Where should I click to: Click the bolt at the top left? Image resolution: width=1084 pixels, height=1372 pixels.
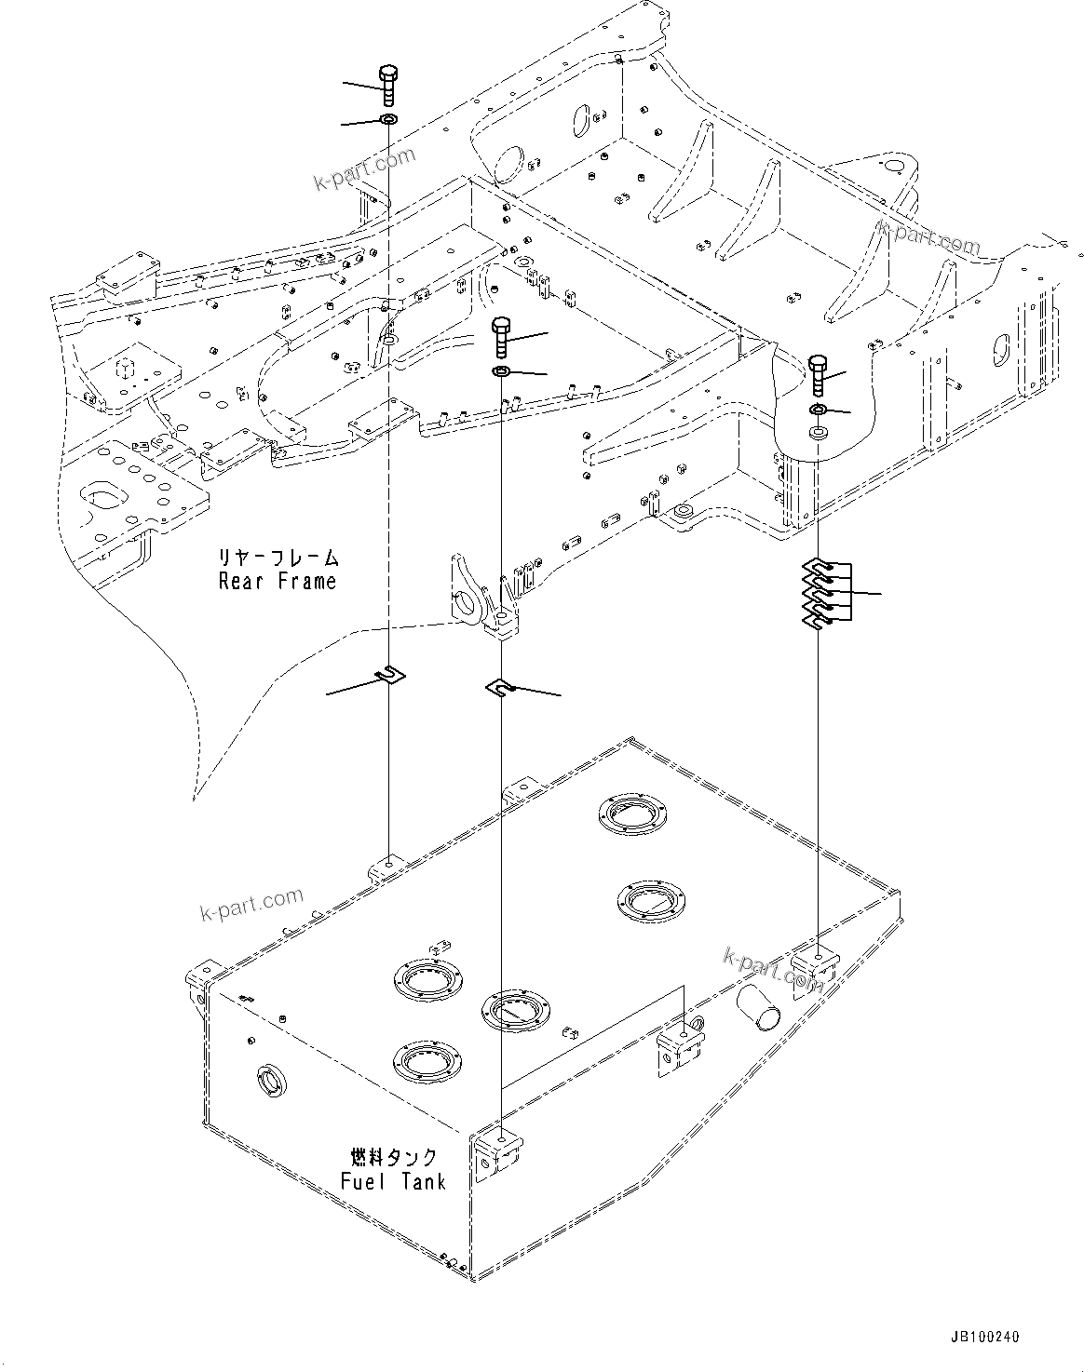tap(387, 86)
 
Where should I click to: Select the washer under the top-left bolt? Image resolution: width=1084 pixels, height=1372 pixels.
tap(387, 121)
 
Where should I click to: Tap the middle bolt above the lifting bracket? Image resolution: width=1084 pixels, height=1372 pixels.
tap(501, 337)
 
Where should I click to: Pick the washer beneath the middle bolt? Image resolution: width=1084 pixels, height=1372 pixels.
tap(501, 372)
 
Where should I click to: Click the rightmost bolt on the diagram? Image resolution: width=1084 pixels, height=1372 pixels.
tap(817, 376)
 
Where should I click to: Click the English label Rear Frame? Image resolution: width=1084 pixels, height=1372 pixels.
tap(277, 582)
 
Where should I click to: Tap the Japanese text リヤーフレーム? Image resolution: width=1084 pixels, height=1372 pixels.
tap(278, 558)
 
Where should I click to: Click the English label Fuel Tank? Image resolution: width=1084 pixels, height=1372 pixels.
tap(392, 1181)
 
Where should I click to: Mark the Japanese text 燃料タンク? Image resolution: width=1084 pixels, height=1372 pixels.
tap(393, 1158)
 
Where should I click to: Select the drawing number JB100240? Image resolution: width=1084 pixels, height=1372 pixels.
tap(984, 1337)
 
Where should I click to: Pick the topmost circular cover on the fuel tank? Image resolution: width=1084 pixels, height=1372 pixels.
tap(631, 812)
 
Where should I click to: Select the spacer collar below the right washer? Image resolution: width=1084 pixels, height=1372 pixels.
tap(818, 434)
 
